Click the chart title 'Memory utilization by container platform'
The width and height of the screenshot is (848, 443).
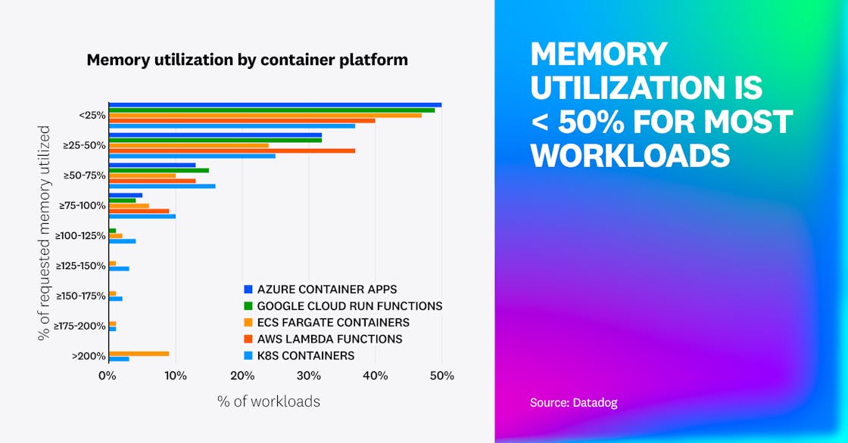pos(247,60)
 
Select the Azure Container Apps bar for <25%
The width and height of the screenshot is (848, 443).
pos(275,104)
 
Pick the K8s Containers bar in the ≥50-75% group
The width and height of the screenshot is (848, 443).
pos(162,186)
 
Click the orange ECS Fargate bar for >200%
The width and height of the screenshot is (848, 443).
pos(139,353)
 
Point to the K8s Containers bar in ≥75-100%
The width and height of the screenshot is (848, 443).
pos(142,216)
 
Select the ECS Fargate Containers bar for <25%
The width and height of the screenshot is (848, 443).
pos(265,115)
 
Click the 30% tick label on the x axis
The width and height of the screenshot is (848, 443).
pos(308,376)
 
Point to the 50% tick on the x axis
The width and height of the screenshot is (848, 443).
pos(442,376)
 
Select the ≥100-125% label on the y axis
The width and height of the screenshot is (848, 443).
pos(79,235)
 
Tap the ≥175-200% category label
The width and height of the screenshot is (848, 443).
pos(79,325)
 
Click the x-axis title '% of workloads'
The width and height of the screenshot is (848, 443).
pos(269,401)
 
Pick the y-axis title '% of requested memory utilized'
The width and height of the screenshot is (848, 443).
pos(45,233)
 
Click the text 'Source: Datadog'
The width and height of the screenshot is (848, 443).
pos(574,403)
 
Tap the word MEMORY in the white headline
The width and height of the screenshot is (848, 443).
pos(599,54)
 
